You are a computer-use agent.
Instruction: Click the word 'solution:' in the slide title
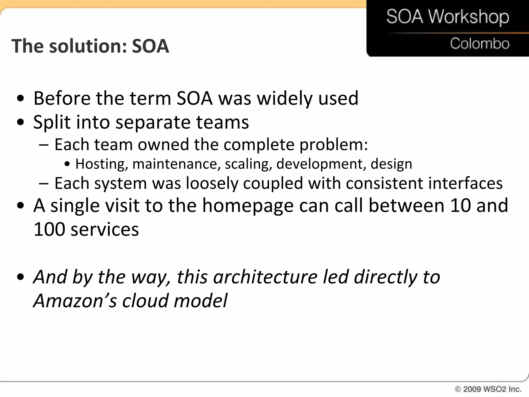click(x=88, y=46)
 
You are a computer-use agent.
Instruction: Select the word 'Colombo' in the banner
click(x=480, y=43)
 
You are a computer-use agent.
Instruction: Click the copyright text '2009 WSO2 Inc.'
click(x=492, y=389)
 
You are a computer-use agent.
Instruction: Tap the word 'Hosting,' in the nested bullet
click(x=102, y=164)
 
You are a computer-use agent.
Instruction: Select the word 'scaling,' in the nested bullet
click(x=248, y=164)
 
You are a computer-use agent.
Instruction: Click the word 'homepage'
click(x=248, y=206)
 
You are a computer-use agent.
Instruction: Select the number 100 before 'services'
click(x=49, y=230)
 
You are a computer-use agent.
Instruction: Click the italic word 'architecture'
click(x=265, y=277)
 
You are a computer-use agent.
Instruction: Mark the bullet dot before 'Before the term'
click(x=20, y=99)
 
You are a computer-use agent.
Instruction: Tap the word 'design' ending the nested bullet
click(x=391, y=164)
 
